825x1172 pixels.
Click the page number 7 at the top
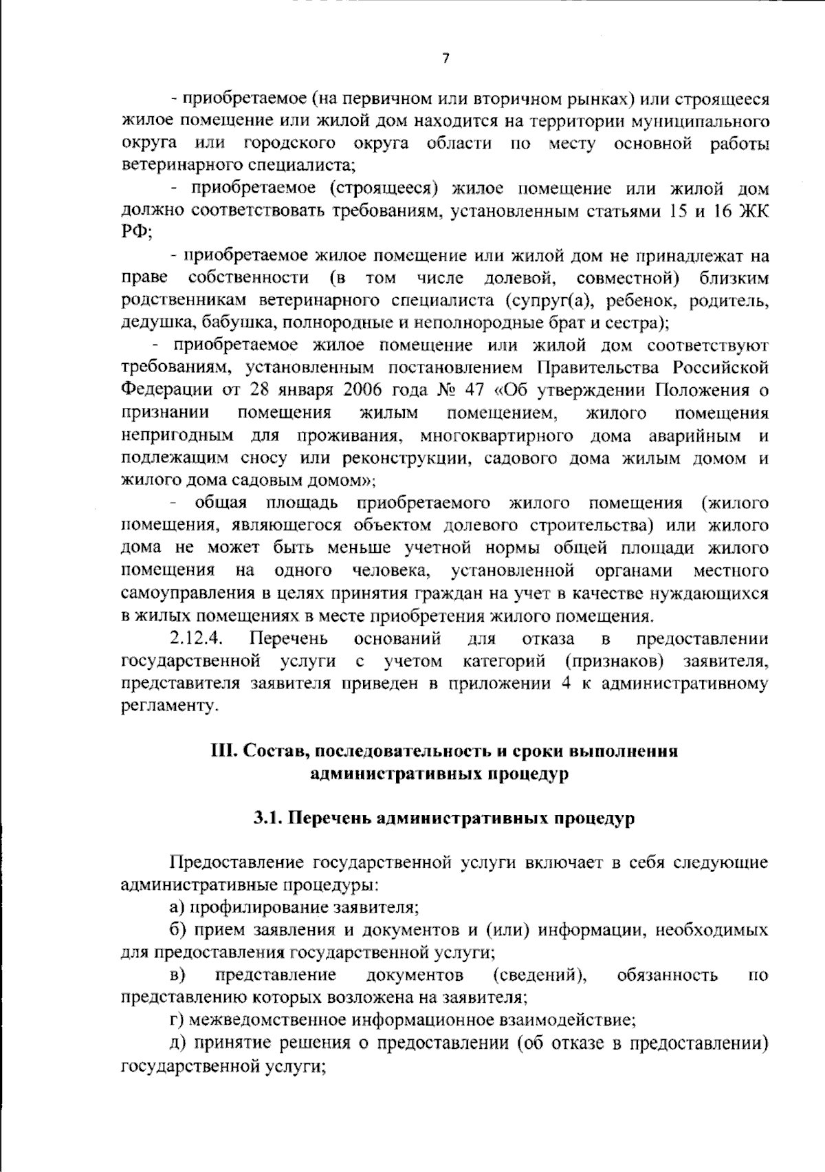(445, 59)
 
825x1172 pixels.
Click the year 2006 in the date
(365, 391)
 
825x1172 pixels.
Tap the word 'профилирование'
(258, 907)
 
